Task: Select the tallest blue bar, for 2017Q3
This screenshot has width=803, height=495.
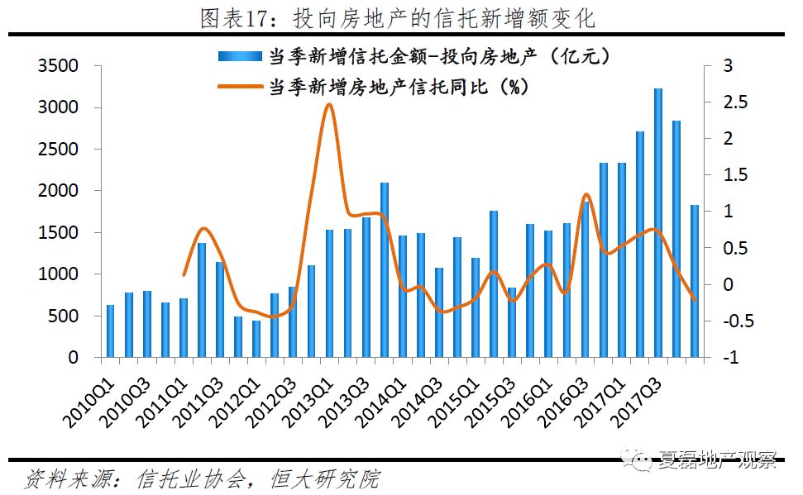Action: coord(658,223)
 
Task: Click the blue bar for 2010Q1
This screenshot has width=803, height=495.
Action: coord(110,331)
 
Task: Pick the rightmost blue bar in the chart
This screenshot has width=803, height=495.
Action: coord(695,281)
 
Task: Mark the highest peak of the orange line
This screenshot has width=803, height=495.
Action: coord(329,104)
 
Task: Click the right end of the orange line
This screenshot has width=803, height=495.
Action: coord(695,300)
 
